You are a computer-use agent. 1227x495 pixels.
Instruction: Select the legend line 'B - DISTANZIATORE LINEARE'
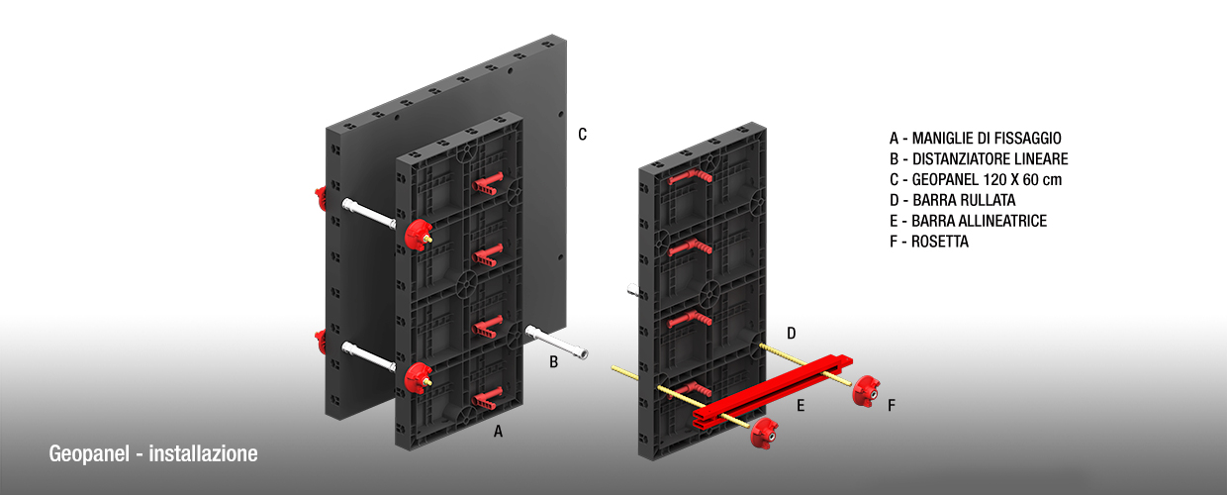[x=979, y=158]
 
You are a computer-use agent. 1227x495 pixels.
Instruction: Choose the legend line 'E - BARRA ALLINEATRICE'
[x=968, y=221]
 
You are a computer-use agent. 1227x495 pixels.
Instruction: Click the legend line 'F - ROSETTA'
[x=929, y=242]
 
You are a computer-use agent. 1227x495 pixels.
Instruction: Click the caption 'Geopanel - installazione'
[x=153, y=454]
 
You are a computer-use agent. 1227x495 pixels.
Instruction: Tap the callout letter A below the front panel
[x=499, y=431]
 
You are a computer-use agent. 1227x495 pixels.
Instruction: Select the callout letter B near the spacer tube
[x=554, y=362]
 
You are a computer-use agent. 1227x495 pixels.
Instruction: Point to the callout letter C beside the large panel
[x=583, y=134]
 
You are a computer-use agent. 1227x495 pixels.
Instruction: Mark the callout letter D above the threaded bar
[x=792, y=332]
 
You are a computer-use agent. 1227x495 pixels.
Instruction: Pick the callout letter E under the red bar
[x=802, y=404]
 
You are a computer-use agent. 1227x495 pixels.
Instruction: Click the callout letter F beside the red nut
[x=892, y=405]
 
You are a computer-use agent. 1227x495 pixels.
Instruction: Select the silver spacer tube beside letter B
[x=559, y=342]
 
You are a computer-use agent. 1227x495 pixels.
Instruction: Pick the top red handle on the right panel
[x=690, y=175]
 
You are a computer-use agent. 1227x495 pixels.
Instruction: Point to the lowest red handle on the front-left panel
[x=489, y=399]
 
